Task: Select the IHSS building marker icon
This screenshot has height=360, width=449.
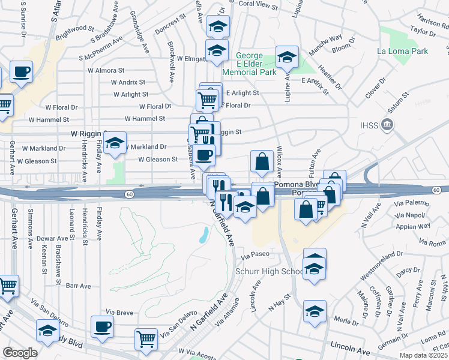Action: click(x=387, y=125)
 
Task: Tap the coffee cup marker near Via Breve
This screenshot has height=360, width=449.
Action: click(x=102, y=326)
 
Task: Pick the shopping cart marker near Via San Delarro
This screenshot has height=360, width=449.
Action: click(x=146, y=338)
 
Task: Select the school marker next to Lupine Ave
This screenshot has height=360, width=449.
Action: click(x=287, y=58)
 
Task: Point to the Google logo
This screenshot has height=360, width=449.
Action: click(x=19, y=353)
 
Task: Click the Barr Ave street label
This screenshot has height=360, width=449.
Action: click(x=77, y=286)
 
